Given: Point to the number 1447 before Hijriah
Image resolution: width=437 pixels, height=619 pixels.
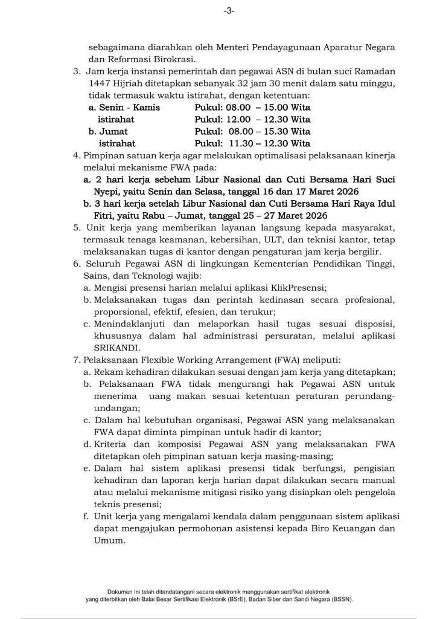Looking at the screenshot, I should click(99, 85).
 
